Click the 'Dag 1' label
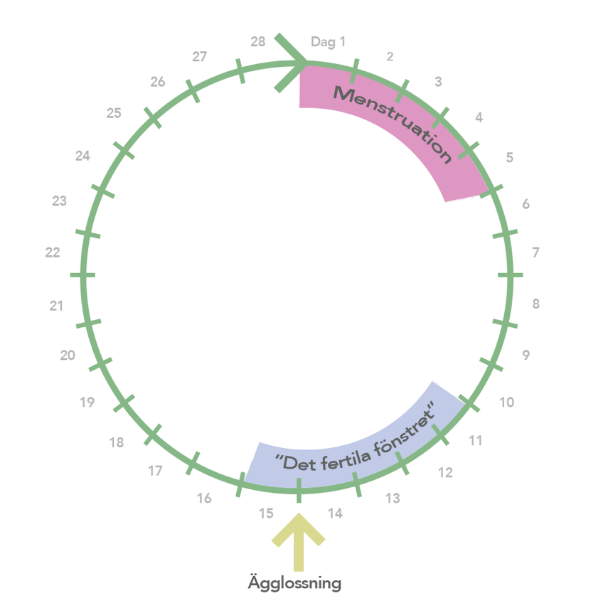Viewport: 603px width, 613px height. click(328, 42)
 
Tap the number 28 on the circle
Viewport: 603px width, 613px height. click(258, 41)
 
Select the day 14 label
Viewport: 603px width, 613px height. click(336, 513)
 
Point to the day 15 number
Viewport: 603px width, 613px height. click(266, 513)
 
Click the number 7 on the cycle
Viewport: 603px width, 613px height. click(535, 252)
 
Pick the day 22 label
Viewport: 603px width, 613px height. click(53, 252)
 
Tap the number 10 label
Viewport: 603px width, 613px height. click(507, 402)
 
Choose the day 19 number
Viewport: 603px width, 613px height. click(87, 402)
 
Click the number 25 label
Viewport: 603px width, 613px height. click(114, 113)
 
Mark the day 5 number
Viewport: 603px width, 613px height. click(510, 157)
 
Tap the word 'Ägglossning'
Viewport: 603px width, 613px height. click(294, 583)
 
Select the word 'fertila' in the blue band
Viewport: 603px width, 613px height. click(346, 459)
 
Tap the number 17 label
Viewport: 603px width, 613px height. click(155, 470)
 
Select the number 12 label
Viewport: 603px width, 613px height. click(446, 472)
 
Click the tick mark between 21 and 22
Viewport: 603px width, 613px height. click(82, 275)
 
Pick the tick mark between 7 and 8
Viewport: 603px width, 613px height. click(511, 275)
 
